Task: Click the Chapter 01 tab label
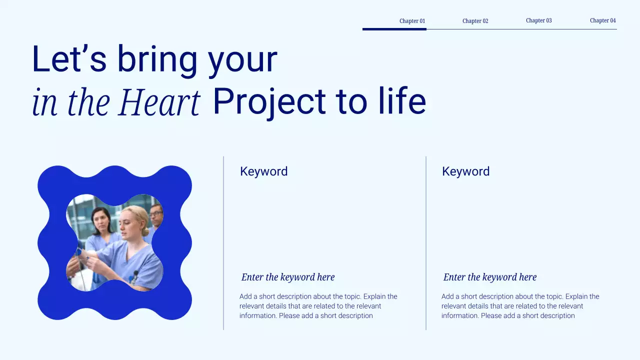tap(412, 21)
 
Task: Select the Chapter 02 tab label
tap(475, 21)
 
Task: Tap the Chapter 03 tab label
tap(538, 20)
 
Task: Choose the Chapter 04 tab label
tap(602, 20)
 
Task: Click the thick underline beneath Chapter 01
tap(394, 29)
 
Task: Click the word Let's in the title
tap(69, 59)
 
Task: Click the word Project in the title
tap(270, 102)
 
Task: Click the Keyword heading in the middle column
tap(263, 171)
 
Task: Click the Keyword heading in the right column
tap(465, 171)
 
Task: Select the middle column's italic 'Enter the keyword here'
tap(288, 277)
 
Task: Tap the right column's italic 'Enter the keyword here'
tap(490, 277)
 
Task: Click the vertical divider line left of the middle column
tap(223, 243)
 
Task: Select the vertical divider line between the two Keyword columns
tap(426, 243)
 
